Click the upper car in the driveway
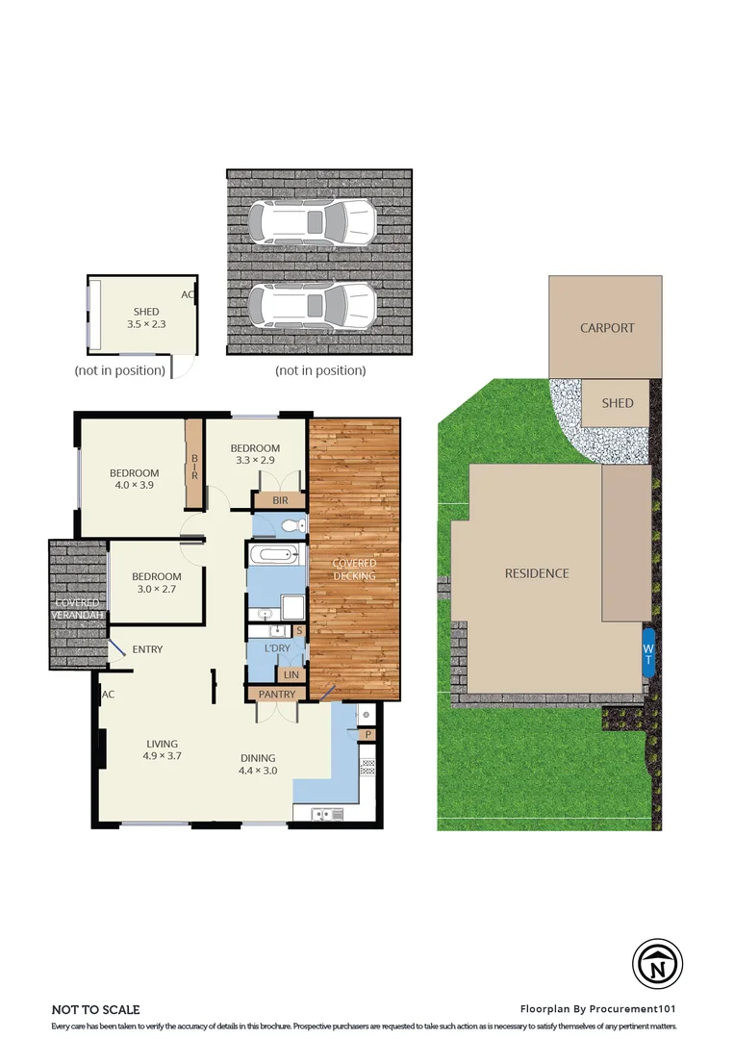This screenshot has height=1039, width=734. click(x=313, y=222)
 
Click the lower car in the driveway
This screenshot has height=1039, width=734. click(x=313, y=306)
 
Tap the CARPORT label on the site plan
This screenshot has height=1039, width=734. click(x=607, y=328)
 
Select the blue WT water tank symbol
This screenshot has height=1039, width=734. click(x=647, y=652)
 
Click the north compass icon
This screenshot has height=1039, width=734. click(x=657, y=963)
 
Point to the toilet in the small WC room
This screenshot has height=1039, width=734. click(x=292, y=526)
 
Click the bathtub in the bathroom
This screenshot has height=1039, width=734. click(x=273, y=555)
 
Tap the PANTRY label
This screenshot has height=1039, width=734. click(x=277, y=695)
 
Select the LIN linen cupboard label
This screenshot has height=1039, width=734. click(x=291, y=675)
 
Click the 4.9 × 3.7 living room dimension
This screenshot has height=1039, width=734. click(x=162, y=755)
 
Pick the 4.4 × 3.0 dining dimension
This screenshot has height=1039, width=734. click(x=258, y=771)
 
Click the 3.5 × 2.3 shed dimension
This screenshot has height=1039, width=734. click(x=146, y=324)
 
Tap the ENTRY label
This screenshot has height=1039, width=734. click(x=147, y=649)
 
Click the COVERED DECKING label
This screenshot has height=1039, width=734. click(x=354, y=570)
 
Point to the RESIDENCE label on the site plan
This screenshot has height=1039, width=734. click(x=537, y=573)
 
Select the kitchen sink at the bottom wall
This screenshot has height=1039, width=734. click(x=319, y=815)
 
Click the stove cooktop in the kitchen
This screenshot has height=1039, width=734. click(x=367, y=768)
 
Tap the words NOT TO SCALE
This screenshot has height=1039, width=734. click(x=95, y=1010)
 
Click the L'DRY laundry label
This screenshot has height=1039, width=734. click(x=277, y=648)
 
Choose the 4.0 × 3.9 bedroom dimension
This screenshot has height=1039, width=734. click(x=134, y=485)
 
